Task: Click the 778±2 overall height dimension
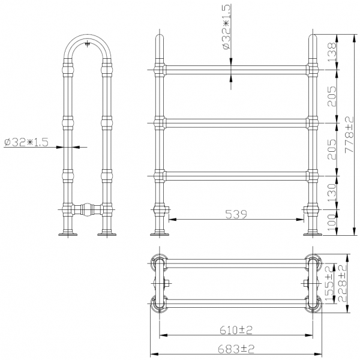[349, 134]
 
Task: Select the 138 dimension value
[332, 52]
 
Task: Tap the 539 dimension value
[236, 214]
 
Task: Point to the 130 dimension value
[332, 193]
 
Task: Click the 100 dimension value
[332, 223]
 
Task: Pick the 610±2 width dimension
[236, 331]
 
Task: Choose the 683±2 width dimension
[236, 349]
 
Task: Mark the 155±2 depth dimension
[329, 284]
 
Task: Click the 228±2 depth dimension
[342, 284]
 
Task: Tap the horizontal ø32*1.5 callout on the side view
[26, 142]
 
